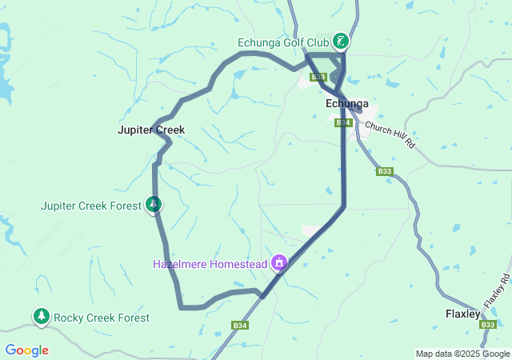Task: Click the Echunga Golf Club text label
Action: click(x=283, y=42)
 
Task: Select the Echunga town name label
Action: click(x=347, y=104)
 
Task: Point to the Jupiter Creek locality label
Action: click(x=151, y=130)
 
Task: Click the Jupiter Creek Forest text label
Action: click(x=91, y=206)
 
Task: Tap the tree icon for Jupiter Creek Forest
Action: click(x=152, y=205)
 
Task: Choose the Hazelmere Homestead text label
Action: click(x=210, y=262)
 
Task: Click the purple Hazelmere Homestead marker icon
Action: click(x=279, y=262)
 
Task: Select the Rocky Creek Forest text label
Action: click(x=102, y=318)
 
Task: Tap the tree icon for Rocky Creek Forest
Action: click(x=41, y=317)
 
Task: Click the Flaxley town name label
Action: click(x=462, y=314)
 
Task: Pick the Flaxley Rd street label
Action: click(x=496, y=292)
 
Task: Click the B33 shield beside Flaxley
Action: click(x=489, y=324)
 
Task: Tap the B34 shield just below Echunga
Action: click(x=343, y=122)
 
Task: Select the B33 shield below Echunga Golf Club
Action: click(x=318, y=77)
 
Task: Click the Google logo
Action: click(x=26, y=350)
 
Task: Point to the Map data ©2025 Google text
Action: click(x=462, y=354)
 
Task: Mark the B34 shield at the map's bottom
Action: click(x=239, y=326)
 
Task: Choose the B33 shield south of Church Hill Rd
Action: click(x=385, y=171)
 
